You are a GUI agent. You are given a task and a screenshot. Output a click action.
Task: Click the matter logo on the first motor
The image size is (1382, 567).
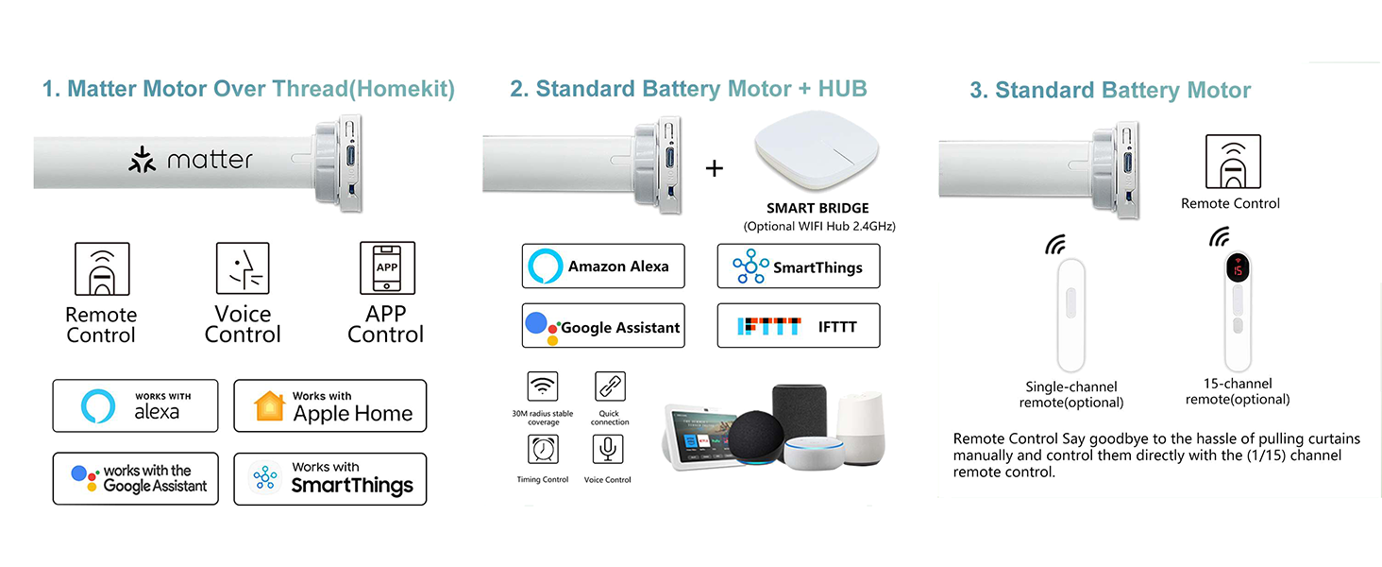coord(191,160)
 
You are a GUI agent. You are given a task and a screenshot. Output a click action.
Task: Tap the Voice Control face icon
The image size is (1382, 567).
coord(243,268)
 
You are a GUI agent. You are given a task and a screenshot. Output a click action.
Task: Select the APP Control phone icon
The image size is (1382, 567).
coord(387,268)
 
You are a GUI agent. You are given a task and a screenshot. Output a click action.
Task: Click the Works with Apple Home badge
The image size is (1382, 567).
coord(330,405)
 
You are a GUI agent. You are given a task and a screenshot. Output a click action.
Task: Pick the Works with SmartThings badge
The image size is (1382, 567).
coord(330,479)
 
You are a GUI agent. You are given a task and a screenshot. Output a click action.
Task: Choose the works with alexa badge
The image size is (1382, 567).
coord(135,405)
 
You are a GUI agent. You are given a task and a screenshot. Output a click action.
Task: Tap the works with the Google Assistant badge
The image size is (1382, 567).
coord(135,479)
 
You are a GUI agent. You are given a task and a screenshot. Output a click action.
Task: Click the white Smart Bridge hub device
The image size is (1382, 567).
coord(817,150)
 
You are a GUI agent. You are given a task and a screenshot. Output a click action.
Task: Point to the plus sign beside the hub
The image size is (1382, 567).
coord(715,168)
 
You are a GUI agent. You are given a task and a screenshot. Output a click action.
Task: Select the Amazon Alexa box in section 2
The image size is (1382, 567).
coord(603,266)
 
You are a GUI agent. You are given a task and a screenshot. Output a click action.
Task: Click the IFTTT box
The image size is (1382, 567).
coord(799,325)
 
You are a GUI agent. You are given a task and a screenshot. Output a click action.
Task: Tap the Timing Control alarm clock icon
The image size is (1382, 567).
coord(543,449)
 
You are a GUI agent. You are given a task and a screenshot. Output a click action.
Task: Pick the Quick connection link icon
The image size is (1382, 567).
coord(610,387)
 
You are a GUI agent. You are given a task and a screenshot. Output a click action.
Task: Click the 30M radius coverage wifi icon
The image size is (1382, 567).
coord(543,387)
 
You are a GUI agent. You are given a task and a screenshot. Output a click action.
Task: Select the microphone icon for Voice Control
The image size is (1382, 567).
coord(608,449)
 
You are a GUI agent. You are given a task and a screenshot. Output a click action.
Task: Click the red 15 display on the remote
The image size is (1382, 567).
coord(1238,268)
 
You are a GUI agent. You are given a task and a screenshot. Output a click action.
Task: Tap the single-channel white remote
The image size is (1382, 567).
coord(1071,315)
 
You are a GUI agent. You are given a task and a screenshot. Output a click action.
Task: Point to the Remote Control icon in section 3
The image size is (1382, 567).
coord(1233,162)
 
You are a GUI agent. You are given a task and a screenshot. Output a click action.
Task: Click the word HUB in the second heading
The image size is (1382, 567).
coord(842,89)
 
